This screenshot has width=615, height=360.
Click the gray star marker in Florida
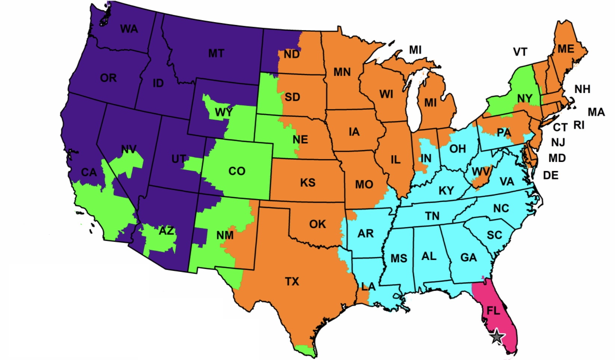coord(496,336)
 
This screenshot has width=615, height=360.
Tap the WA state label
coord(129,29)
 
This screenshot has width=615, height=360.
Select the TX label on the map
coord(292,281)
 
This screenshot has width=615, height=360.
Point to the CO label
coord(237,171)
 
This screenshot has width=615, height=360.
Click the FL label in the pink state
coord(493,310)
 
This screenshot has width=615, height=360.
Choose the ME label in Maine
coord(566,49)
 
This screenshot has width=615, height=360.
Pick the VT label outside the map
coord(520,52)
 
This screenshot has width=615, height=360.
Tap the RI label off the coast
coord(579,125)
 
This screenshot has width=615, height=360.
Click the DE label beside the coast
coord(550,175)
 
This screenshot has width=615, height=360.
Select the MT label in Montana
coord(216,53)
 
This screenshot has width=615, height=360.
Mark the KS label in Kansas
coord(307,183)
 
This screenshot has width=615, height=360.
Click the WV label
coord(481,172)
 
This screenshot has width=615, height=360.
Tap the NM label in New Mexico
coord(225,235)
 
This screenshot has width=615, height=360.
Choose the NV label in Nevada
coord(129,150)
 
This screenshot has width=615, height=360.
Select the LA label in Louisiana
coord(368,287)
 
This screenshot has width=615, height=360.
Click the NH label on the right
coord(582,89)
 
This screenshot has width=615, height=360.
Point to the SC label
coord(494,235)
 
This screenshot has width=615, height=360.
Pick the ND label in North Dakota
coord(291,55)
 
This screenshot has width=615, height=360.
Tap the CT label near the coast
coord(560,127)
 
